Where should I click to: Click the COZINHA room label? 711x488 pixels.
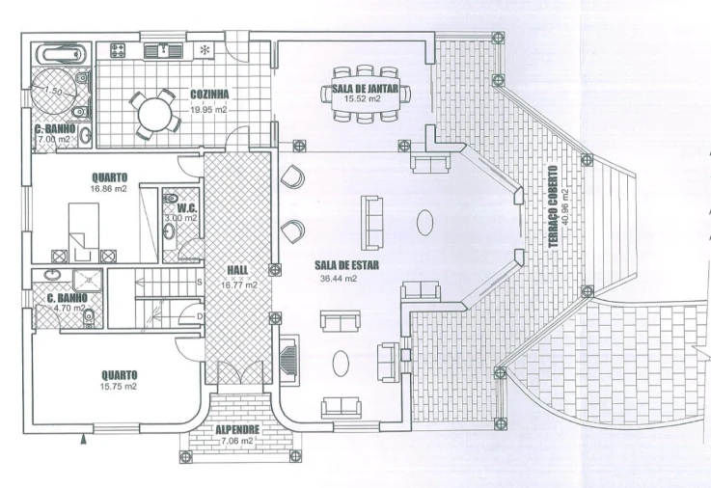209,95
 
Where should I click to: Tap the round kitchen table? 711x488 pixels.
155,112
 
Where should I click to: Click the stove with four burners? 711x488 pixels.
119,50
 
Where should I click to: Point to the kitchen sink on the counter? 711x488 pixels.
163,51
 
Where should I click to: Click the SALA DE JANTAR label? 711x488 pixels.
365,89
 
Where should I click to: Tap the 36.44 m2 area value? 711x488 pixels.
339,279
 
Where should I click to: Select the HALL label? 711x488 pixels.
237,270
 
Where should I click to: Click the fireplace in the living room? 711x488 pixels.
288,361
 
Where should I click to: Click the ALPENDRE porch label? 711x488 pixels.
237,429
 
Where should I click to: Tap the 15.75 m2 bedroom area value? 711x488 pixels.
119,387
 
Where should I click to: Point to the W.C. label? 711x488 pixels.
187,208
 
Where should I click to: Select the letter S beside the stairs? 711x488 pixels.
199,282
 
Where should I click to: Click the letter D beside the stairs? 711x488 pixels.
200,316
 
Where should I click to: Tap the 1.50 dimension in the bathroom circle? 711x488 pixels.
53,91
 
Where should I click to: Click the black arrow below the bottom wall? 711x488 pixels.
83,439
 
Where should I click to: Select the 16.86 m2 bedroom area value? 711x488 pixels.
109,188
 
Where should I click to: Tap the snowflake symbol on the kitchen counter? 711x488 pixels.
205,50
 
